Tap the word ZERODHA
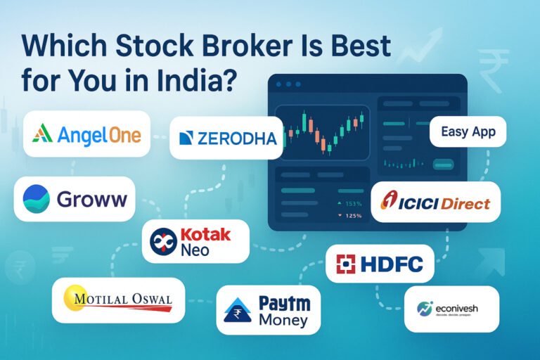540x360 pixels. [238, 138]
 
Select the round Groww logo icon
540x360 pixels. [36, 198]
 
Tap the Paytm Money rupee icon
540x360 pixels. [237, 309]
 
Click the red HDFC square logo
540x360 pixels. [345, 264]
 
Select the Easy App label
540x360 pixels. [468, 131]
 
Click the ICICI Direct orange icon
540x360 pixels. [389, 200]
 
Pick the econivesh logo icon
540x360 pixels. [425, 308]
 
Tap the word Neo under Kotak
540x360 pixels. [195, 250]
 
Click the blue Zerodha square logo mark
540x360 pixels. [186, 138]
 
